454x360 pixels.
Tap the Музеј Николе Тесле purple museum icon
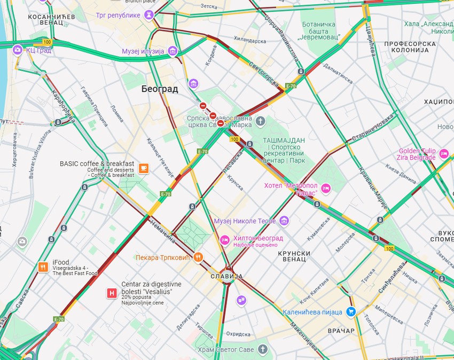point(284,221)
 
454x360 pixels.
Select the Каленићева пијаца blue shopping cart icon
point(351,311)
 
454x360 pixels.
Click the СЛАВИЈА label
point(226,277)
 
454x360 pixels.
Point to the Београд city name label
point(160,89)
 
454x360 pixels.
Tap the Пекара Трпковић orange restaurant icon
point(198,257)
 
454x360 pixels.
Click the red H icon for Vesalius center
point(112,293)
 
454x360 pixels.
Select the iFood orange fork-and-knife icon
point(43,267)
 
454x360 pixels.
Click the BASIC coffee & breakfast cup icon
point(143,169)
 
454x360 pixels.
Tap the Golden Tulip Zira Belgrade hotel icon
point(444,154)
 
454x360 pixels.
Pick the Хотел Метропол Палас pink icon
point(326,189)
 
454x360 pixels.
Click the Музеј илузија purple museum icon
point(173,51)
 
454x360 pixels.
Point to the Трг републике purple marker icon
point(149,15)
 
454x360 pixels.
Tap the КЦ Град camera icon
point(18,50)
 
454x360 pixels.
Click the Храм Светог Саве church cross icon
point(262,349)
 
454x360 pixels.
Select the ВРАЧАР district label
point(341,331)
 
